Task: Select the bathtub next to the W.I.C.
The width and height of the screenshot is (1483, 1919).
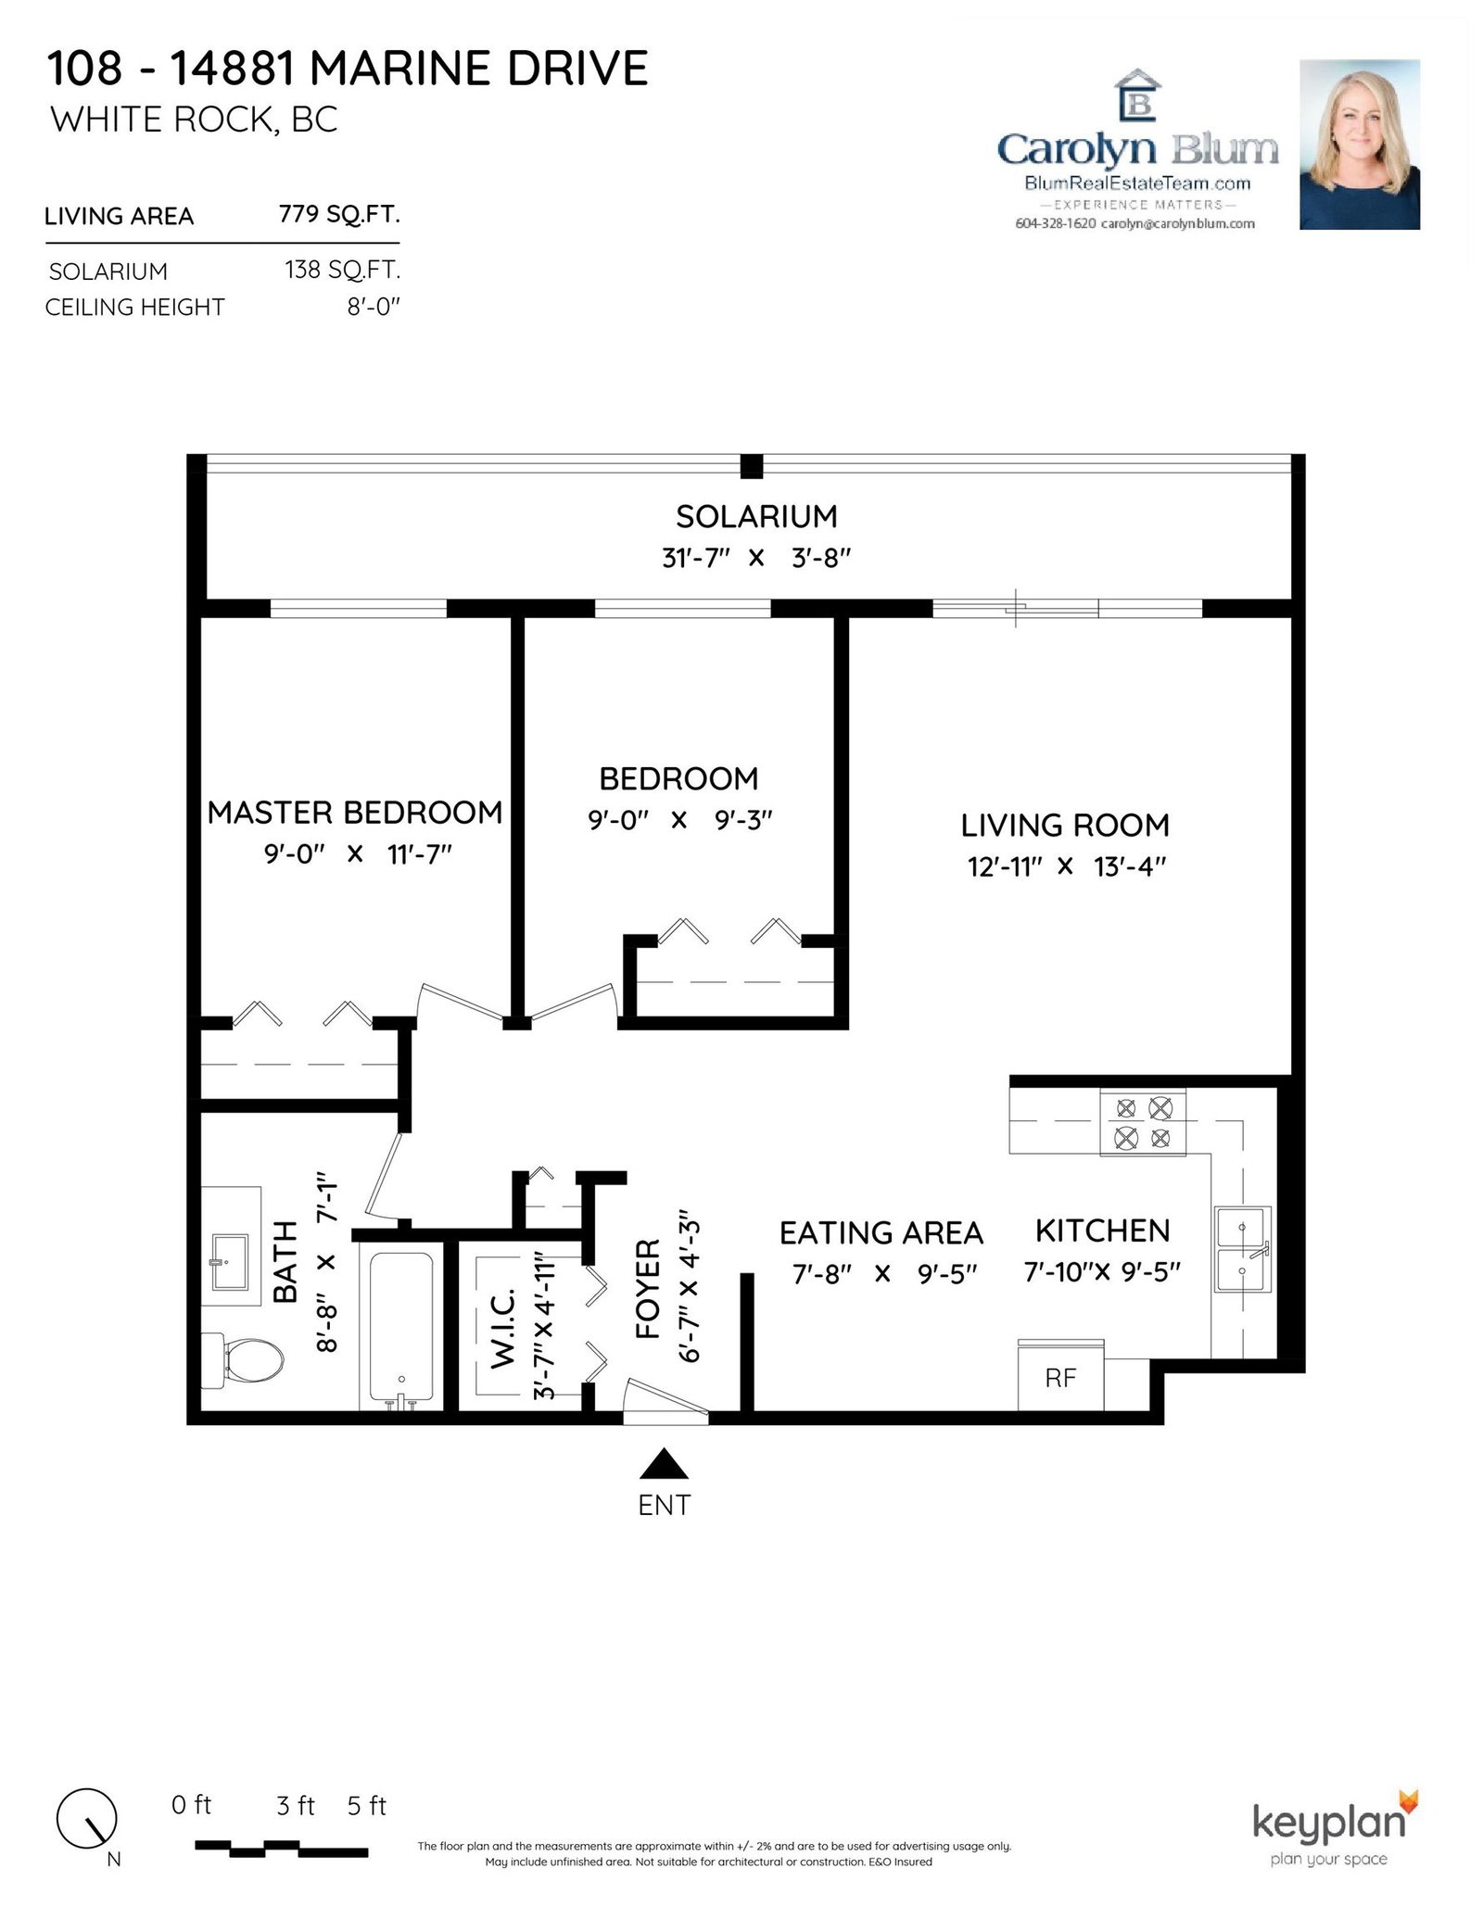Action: tap(401, 1327)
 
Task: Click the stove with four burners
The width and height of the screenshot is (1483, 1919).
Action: tap(1143, 1122)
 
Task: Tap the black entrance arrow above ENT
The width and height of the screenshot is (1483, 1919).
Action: tap(664, 1463)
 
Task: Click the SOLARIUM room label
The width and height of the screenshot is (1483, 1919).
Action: tap(756, 516)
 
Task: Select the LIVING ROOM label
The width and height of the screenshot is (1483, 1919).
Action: tap(1065, 825)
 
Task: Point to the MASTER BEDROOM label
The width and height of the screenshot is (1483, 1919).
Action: tap(355, 812)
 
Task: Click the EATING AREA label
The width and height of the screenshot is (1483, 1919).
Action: tap(881, 1232)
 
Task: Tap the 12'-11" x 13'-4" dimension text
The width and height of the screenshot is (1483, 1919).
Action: tap(1066, 866)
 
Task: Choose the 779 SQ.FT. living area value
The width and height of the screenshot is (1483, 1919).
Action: tap(339, 214)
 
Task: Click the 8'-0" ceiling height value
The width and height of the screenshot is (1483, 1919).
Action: tap(374, 307)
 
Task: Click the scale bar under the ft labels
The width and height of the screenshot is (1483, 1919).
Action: tap(282, 1848)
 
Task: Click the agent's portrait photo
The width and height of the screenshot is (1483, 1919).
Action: tap(1360, 145)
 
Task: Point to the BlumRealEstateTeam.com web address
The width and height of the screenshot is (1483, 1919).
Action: tap(1137, 183)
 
